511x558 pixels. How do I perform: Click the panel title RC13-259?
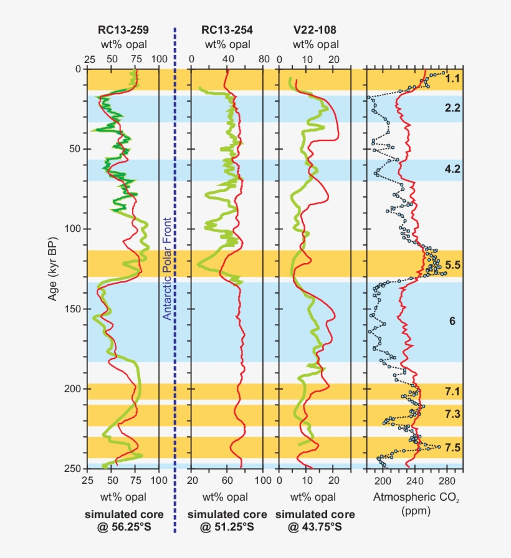(x=123, y=30)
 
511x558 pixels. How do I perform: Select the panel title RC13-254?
(x=227, y=30)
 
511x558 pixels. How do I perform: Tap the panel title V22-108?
(x=315, y=30)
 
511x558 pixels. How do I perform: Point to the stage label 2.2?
(x=452, y=108)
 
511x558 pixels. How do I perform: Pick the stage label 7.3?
(x=452, y=415)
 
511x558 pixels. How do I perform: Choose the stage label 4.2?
(x=452, y=169)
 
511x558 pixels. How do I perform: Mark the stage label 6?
(x=452, y=321)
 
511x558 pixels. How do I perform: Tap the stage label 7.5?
(x=452, y=448)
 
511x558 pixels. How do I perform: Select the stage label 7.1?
(x=452, y=392)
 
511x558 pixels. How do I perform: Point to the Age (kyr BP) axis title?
(x=53, y=269)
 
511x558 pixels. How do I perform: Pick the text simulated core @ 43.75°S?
(x=315, y=521)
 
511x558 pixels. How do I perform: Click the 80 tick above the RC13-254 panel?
(x=264, y=59)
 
